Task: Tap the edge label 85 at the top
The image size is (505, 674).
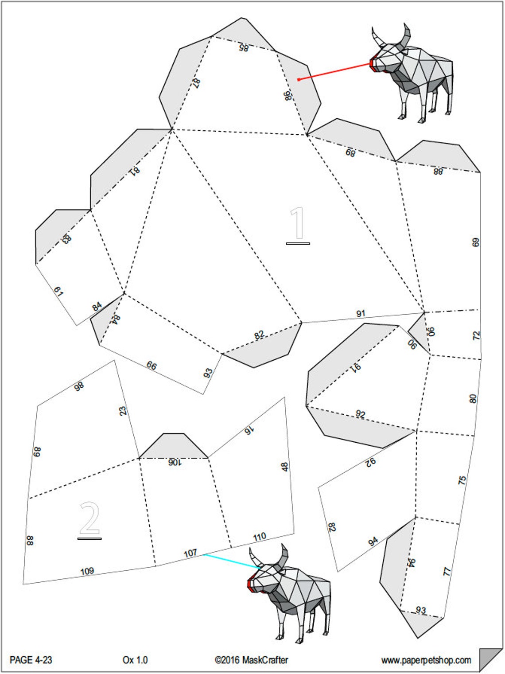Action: tap(244, 47)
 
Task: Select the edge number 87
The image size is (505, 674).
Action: tap(196, 82)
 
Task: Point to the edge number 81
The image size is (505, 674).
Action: tap(134, 171)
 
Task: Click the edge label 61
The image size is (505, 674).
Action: tap(58, 292)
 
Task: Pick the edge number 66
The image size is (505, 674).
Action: tap(151, 366)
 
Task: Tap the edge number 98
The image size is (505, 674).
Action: tap(79, 387)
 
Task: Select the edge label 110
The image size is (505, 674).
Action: tap(260, 537)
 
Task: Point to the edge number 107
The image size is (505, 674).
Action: tap(190, 553)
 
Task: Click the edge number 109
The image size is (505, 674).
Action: tap(87, 571)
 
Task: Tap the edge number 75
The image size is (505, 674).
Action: tap(462, 480)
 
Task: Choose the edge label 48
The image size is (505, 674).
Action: tap(284, 467)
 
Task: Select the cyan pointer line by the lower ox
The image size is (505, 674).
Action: tap(231, 561)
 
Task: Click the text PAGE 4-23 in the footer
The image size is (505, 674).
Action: tap(31, 660)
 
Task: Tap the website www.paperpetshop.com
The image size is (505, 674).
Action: tap(426, 660)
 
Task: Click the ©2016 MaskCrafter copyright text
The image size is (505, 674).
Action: tap(251, 660)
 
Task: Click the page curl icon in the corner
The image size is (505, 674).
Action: tap(490, 659)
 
